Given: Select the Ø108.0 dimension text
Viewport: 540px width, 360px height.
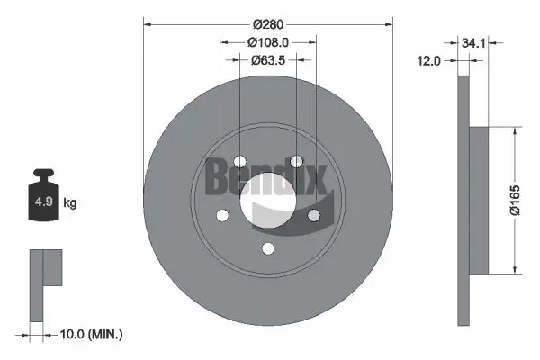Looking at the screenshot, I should pos(268,41).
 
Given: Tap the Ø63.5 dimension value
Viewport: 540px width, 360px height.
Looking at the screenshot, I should pos(268,61).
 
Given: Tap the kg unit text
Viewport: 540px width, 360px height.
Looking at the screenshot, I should pos(70,203).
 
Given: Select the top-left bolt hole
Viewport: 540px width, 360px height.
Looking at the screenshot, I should pos(239,163).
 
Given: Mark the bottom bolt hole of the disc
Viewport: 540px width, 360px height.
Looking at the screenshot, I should pos(268,249).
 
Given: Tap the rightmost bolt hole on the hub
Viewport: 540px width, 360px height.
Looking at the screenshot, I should pos(314,216).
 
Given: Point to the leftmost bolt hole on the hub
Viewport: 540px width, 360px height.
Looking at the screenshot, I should pos(222,216).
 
